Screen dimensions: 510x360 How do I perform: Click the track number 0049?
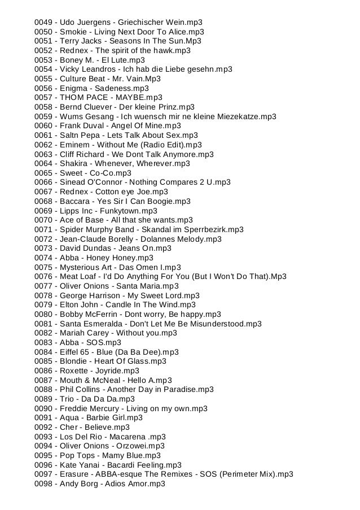click(43, 22)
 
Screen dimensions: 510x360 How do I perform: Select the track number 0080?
click(43, 314)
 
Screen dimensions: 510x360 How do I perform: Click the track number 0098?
click(43, 484)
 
